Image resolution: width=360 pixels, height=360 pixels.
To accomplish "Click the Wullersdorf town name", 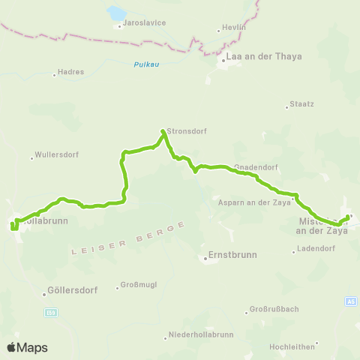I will (54, 157).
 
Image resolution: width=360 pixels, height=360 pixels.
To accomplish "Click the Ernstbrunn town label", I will (232, 255).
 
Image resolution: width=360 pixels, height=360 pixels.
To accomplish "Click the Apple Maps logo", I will (27, 347).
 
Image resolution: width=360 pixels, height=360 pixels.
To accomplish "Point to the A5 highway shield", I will (350, 301).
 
